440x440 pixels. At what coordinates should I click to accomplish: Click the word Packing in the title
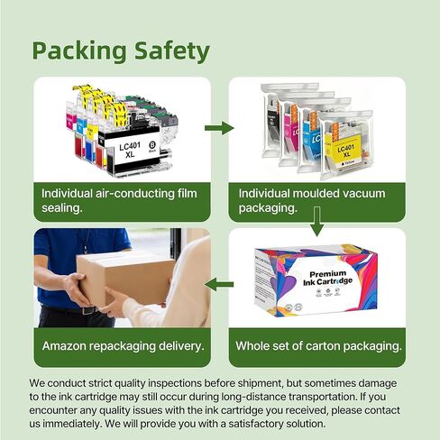79,51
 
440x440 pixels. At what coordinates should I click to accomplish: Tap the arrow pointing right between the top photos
219,128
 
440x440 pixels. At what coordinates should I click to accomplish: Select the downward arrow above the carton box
316,222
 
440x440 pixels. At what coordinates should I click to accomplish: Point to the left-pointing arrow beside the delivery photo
219,284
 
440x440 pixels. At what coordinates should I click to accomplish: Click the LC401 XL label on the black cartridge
130,151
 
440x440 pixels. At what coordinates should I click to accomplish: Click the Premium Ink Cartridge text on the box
327,278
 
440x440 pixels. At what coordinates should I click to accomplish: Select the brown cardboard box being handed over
125,279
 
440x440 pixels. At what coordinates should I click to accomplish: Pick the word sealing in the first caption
62,208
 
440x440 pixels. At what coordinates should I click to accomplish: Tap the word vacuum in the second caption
364,194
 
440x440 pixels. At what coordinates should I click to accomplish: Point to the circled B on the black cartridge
152,145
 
